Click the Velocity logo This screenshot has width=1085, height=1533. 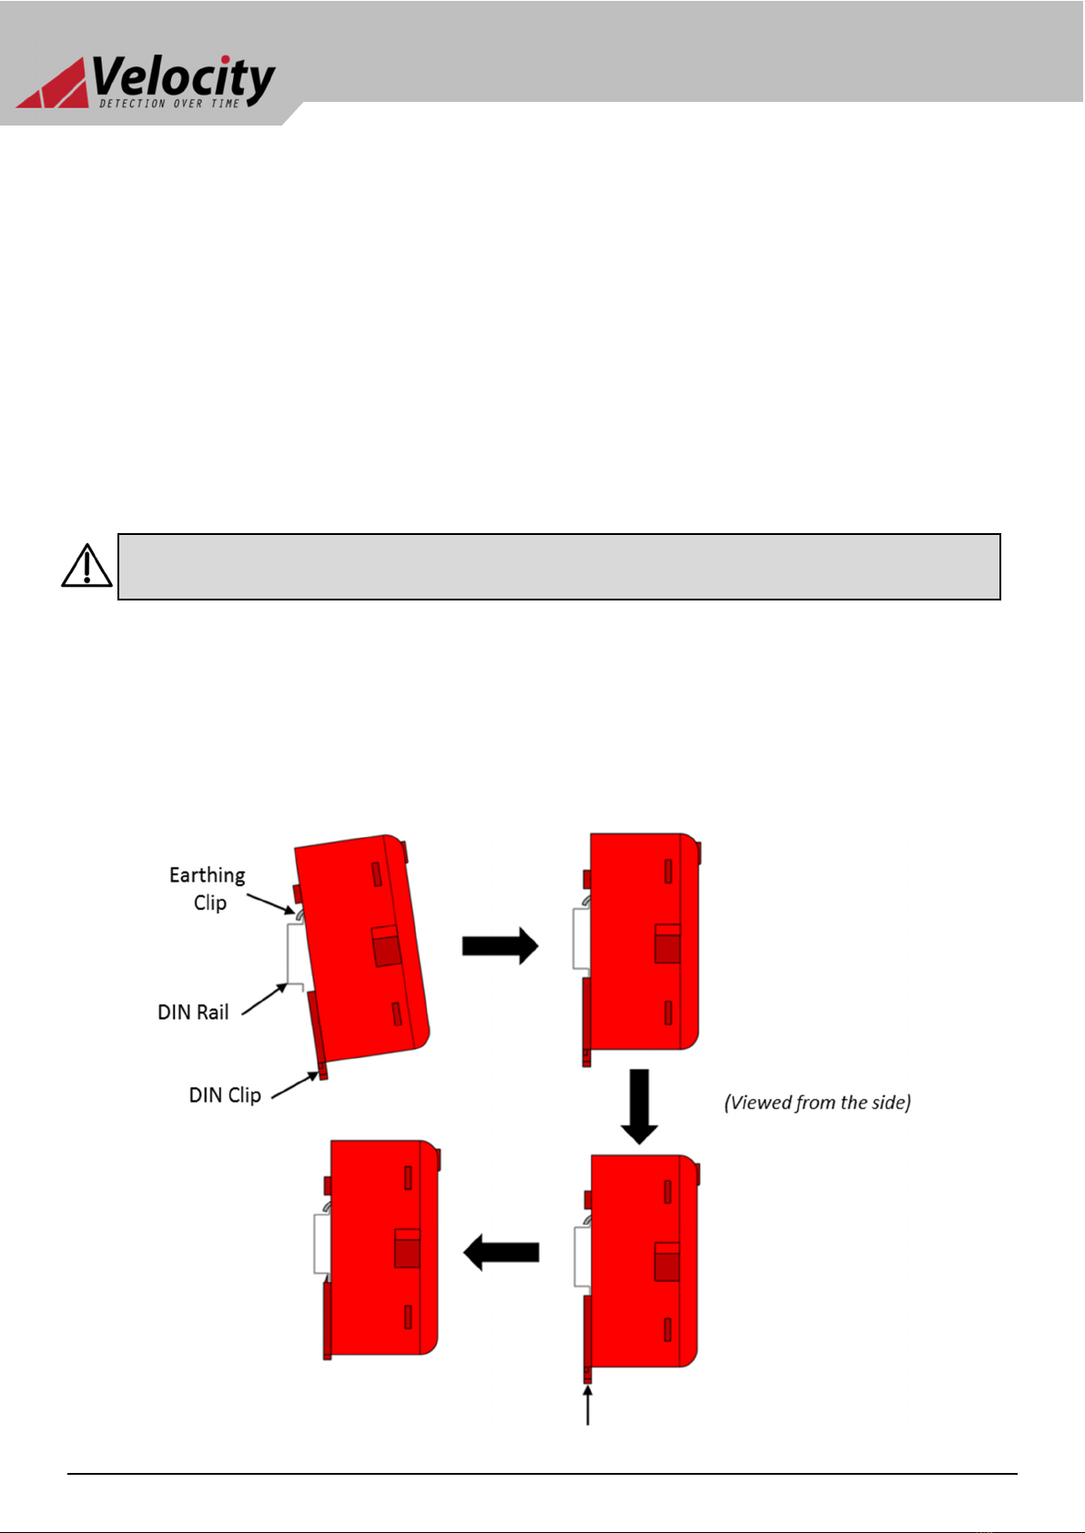146,82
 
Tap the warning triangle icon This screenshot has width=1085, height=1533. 87,566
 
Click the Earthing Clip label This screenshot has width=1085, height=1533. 208,888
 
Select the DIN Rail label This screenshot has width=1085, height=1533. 193,1013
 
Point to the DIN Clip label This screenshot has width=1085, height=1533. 225,1095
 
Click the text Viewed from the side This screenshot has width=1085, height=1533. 818,1103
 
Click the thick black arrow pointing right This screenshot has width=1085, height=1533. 501,946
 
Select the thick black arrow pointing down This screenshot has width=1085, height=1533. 639,1106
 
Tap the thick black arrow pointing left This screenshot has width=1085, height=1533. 502,1253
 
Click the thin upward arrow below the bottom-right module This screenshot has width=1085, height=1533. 587,1406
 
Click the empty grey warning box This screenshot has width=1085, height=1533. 559,567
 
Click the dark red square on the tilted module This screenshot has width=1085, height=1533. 388,952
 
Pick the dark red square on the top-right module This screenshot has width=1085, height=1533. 667,949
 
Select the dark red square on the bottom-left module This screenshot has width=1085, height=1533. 407,1254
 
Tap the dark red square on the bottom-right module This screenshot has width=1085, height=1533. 666,1267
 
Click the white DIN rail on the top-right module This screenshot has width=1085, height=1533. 581,939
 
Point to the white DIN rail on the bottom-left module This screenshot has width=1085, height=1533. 322,1245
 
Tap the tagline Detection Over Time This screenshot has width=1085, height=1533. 169,104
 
